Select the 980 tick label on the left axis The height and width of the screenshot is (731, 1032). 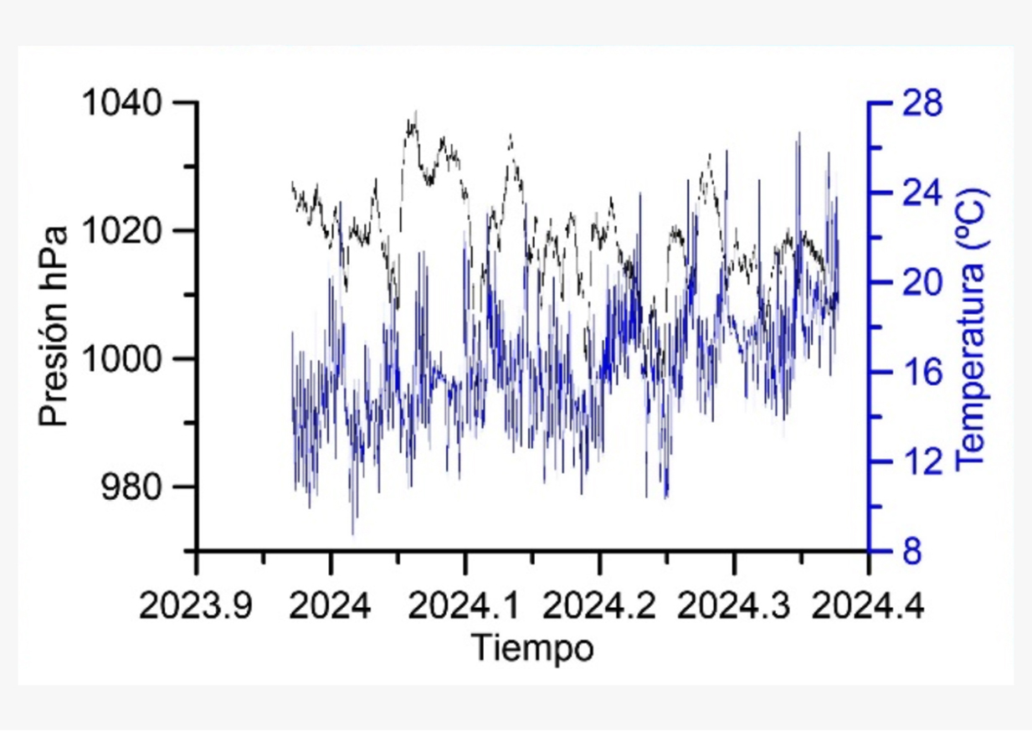[x=134, y=487]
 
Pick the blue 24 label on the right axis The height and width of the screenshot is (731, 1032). [x=920, y=193]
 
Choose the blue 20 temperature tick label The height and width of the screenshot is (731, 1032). [x=920, y=283]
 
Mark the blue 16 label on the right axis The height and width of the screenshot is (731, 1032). [x=920, y=373]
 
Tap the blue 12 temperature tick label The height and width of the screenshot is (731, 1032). [x=920, y=462]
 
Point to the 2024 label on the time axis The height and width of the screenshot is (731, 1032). [x=331, y=605]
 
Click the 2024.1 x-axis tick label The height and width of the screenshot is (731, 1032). [x=465, y=605]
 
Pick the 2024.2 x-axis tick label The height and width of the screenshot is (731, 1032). [x=599, y=605]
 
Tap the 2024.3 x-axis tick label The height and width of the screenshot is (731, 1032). [x=734, y=605]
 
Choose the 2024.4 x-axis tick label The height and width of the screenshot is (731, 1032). [x=868, y=605]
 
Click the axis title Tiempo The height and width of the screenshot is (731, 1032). [x=532, y=648]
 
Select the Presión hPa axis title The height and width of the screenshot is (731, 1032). [x=54, y=327]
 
